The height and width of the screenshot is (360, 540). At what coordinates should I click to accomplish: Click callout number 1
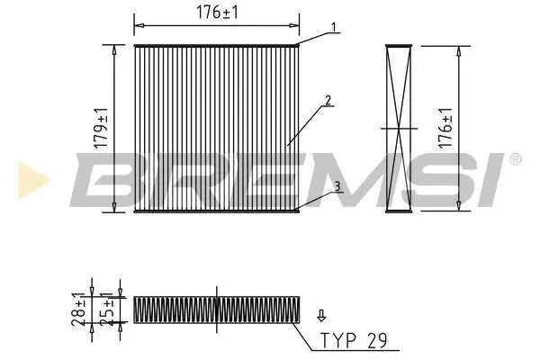(333, 27)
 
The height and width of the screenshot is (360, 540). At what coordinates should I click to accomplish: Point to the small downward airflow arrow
(319, 316)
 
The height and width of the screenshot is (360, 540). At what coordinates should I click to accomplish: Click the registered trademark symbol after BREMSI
(514, 159)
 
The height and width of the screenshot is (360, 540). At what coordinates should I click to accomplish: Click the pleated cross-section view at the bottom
(217, 309)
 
